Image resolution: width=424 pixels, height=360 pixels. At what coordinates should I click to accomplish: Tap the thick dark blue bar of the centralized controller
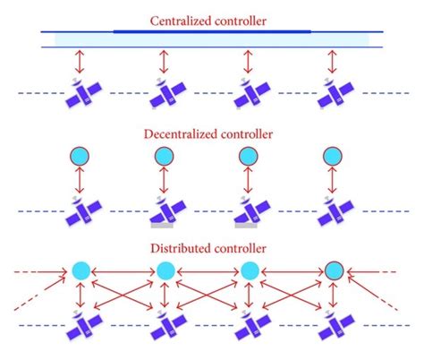212,30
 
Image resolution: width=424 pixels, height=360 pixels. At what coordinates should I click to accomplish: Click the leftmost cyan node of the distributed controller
81,270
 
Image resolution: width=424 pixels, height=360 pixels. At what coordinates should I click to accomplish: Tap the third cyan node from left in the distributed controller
249,270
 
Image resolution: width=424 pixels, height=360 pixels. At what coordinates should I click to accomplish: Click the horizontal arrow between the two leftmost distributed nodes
123,270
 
